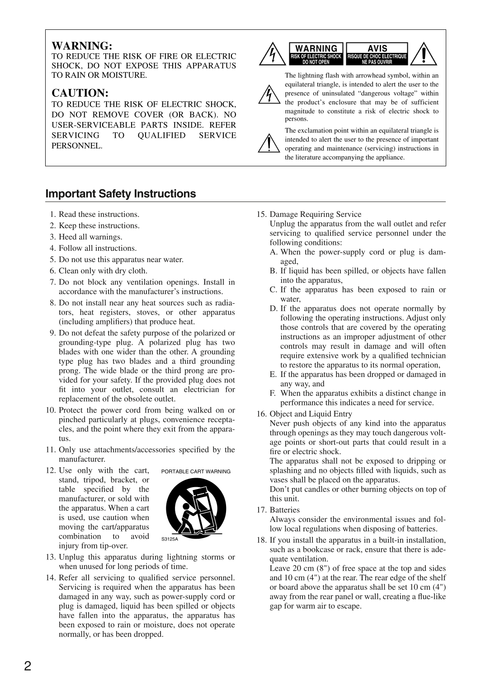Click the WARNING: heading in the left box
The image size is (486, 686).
[x=81, y=46]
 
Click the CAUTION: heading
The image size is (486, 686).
[x=80, y=93]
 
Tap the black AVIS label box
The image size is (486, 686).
[x=377, y=54]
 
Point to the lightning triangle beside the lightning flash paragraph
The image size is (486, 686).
[x=269, y=94]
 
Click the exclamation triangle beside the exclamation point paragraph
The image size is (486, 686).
[x=269, y=143]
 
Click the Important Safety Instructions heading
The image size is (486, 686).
[x=120, y=194]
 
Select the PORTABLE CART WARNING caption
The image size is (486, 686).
[x=196, y=471]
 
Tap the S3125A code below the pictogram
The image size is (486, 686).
[x=170, y=539]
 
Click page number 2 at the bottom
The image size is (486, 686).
[x=28, y=666]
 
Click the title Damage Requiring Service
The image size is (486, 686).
[x=316, y=214]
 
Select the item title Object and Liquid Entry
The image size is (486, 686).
[x=311, y=413]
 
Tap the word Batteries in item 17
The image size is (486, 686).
[x=284, y=510]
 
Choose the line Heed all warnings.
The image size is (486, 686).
[x=90, y=237]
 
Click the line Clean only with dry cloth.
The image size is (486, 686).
[x=103, y=271]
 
